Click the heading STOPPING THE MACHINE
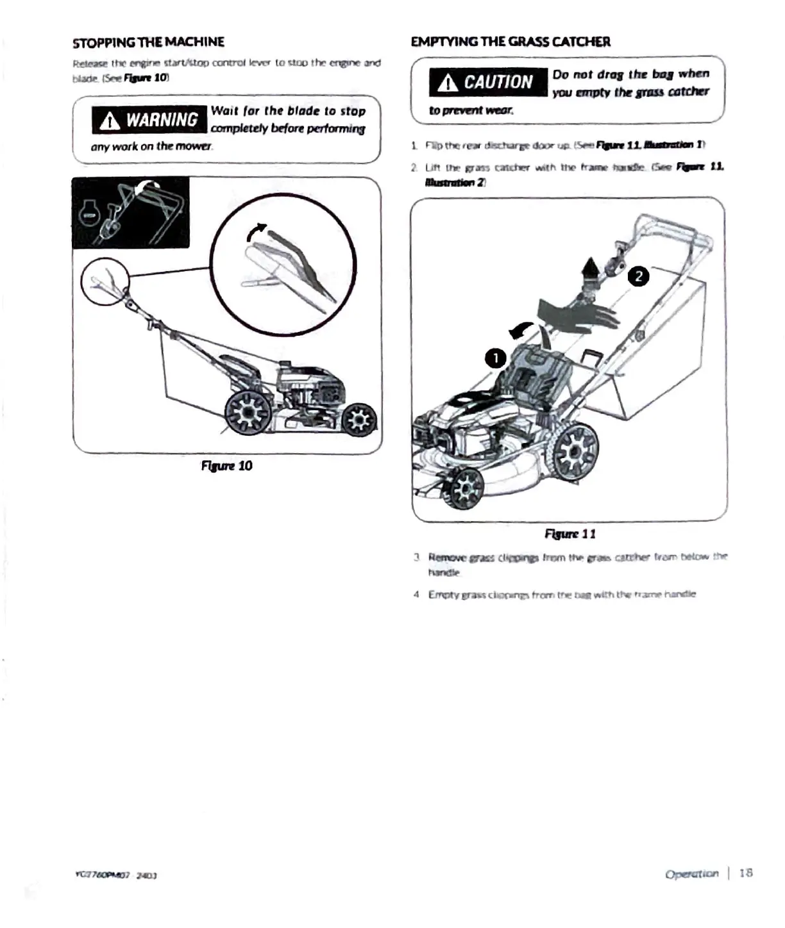[148, 42]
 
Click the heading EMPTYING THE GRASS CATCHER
[511, 42]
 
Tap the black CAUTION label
[488, 82]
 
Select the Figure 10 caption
[226, 466]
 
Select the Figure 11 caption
[570, 534]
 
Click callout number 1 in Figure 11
[496, 358]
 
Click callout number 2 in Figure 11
[638, 277]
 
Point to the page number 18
[746, 873]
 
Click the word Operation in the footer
[691, 874]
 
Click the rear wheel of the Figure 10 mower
[247, 411]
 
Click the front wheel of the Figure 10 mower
[359, 420]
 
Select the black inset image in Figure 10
[131, 213]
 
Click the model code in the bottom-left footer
[116, 875]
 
